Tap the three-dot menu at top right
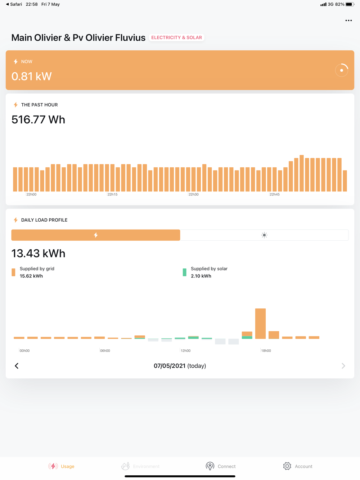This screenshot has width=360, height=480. tap(348, 21)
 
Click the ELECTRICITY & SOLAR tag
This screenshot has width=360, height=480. tap(176, 37)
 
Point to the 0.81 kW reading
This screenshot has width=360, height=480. tap(32, 76)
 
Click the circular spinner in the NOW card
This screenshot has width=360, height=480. tap(341, 70)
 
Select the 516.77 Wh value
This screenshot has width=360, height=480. tap(38, 119)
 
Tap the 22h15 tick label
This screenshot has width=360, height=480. tap(112, 194)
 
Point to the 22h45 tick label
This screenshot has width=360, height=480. tap(274, 194)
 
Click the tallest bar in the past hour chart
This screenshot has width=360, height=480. tap(302, 173)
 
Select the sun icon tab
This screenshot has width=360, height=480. tap(264, 235)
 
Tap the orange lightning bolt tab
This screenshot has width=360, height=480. tap(96, 235)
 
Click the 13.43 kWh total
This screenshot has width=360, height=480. tap(38, 253)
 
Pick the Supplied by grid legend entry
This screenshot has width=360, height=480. tap(36, 272)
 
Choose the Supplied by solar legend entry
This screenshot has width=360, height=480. tap(208, 272)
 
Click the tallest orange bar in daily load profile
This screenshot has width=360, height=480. tap(260, 323)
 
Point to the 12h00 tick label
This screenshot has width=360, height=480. tap(185, 350)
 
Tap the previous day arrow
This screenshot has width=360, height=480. tap(17, 366)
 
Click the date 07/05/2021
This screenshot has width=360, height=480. tap(170, 366)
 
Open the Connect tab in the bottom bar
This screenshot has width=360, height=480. tap(221, 466)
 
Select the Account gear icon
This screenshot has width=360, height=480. tap(287, 466)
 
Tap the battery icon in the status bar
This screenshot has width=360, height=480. tap(350, 4)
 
